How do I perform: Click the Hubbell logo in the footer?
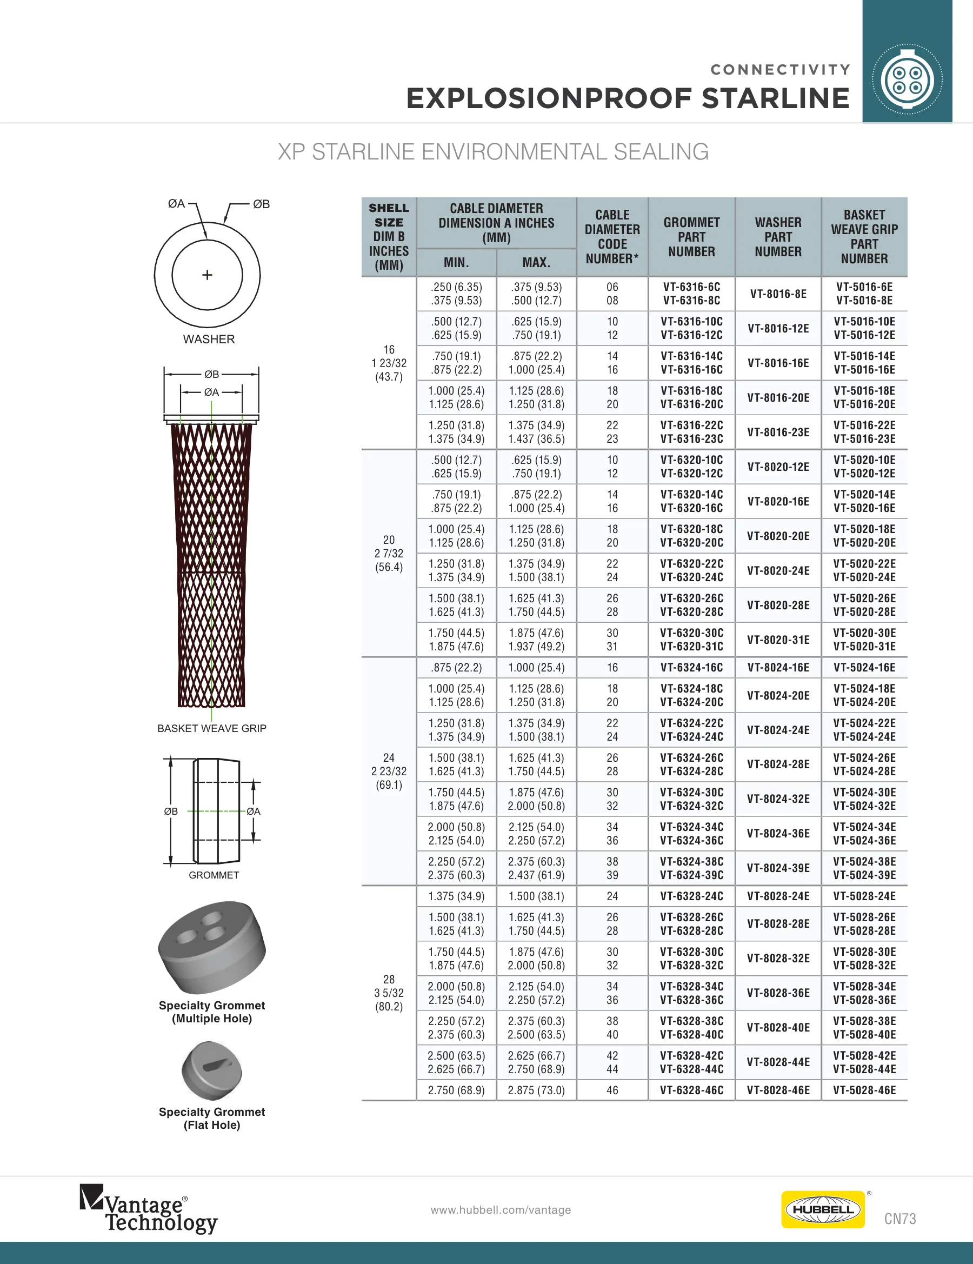tap(823, 1209)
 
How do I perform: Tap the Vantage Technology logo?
tap(148, 1209)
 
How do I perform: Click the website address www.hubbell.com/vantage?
tap(501, 1210)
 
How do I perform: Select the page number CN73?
tap(900, 1219)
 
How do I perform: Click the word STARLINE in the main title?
tap(776, 98)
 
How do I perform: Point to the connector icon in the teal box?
tap(907, 79)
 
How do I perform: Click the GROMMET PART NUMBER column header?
tap(692, 237)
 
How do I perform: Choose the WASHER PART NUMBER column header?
tap(778, 237)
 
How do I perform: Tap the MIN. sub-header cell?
tap(456, 263)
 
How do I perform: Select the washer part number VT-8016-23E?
tap(778, 433)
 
